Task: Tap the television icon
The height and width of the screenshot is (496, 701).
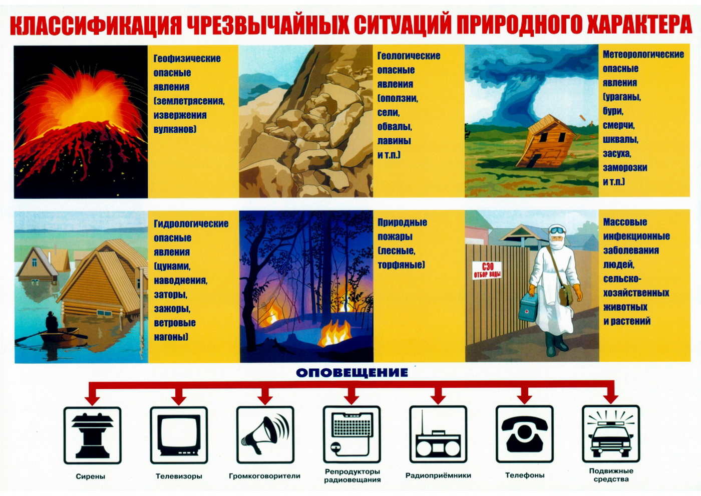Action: (179, 435)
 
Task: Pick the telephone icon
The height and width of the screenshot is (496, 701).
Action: (525, 434)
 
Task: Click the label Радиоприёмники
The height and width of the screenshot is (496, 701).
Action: (438, 475)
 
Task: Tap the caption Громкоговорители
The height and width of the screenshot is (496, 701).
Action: (265, 476)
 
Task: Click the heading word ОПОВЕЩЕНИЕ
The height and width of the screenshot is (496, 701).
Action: (352, 373)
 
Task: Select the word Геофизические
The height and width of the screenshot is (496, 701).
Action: (187, 59)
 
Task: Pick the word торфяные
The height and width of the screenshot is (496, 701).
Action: (401, 265)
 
